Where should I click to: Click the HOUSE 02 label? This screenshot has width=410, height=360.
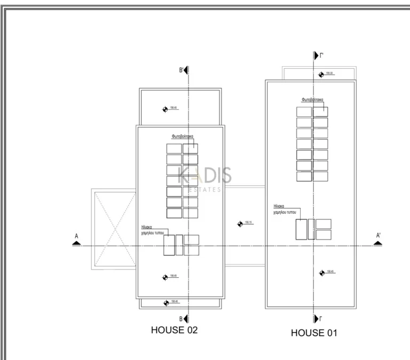click(175, 330)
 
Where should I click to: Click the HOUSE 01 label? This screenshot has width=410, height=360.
click(314, 333)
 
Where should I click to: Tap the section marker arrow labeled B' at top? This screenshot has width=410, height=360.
click(186, 71)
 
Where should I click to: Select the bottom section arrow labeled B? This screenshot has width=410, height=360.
click(186, 319)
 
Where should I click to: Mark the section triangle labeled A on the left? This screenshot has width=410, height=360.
click(76, 243)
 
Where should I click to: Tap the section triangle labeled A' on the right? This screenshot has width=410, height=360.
click(378, 243)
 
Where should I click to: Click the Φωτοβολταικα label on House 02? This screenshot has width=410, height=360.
click(182, 136)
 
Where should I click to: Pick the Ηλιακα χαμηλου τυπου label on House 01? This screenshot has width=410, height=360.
click(285, 209)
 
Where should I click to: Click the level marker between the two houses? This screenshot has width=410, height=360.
click(240, 224)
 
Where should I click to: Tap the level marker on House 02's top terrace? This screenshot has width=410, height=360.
click(165, 109)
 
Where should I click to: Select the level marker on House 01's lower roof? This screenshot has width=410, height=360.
click(322, 273)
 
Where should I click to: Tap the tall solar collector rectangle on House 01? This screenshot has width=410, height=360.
click(301, 229)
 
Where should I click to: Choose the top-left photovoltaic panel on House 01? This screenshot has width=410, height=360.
click(304, 111)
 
